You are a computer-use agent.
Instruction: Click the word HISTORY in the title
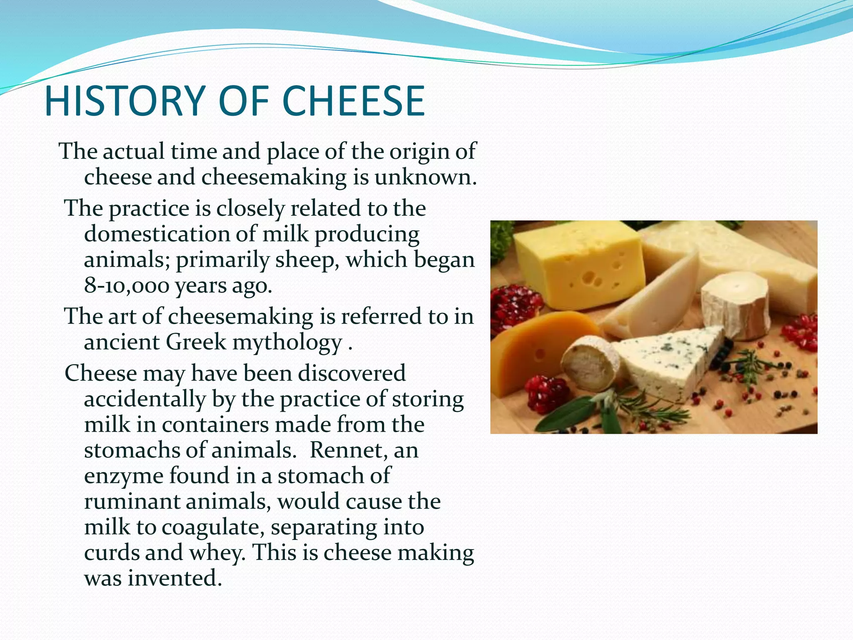pyautogui.click(x=125, y=101)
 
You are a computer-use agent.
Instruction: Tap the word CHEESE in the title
pyautogui.click(x=354, y=101)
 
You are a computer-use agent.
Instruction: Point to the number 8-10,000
pyautogui.click(x=126, y=285)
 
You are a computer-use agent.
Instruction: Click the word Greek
pyautogui.click(x=196, y=342)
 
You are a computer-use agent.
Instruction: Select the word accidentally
pyautogui.click(x=145, y=399)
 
